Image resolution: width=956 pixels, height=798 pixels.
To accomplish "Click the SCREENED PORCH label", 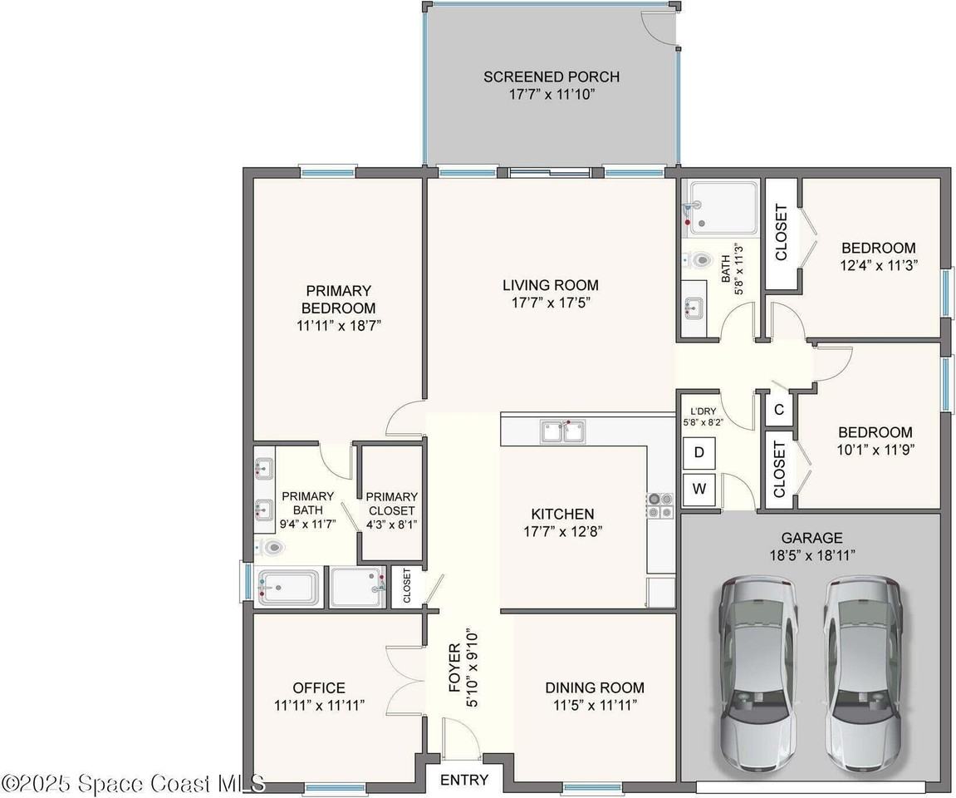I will tap(552, 76).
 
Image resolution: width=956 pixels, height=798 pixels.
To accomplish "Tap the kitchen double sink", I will tap(563, 431).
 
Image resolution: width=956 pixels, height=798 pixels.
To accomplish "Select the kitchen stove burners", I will tap(660, 505).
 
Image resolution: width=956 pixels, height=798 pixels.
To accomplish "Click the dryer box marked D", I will tap(699, 453).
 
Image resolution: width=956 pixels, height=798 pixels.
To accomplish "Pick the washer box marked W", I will tap(699, 489).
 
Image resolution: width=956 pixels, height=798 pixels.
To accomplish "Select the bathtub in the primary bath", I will tap(287, 589).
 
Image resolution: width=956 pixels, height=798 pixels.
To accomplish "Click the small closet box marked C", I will tap(779, 409).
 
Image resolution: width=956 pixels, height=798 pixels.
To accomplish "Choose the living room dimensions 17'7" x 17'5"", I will tap(551, 303).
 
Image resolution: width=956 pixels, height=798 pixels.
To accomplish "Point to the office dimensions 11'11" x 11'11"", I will tap(319, 706).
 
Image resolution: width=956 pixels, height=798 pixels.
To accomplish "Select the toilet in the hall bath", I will tap(699, 260).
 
